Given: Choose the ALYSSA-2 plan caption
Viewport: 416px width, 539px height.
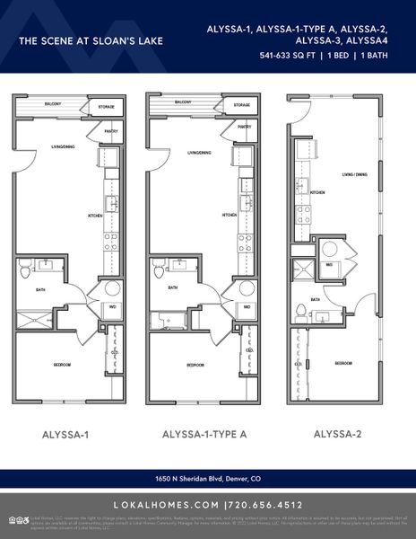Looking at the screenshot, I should (337, 434).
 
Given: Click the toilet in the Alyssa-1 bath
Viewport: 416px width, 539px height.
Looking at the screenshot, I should (26, 266).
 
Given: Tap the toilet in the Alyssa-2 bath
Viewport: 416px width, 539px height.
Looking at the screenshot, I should (302, 311).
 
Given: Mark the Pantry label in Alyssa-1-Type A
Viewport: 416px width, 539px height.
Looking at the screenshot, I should (244, 128).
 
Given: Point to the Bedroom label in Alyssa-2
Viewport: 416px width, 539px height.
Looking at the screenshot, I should (343, 363).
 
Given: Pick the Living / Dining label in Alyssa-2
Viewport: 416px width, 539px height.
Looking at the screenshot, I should (354, 174).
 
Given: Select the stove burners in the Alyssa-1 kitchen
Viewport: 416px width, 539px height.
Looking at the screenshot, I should (111, 241).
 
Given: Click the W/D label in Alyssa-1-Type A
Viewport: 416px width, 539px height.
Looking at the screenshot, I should (246, 306).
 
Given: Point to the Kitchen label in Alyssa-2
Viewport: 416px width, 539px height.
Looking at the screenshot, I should (316, 192).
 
